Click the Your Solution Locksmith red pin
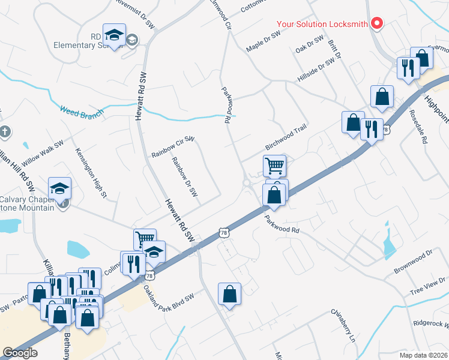tap(377, 23)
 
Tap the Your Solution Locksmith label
tap(322, 25)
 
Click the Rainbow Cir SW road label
tap(173, 147)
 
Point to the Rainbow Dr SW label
tap(184, 177)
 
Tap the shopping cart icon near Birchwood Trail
tap(274, 164)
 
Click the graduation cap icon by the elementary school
tap(113, 35)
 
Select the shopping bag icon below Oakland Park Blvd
tap(229, 294)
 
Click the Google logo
tap(20, 353)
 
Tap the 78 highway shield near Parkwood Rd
tap(224, 232)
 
